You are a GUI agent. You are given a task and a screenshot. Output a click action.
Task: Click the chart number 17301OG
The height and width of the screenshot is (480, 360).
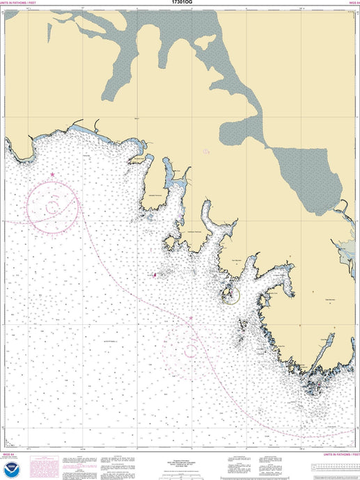click(x=180, y=3)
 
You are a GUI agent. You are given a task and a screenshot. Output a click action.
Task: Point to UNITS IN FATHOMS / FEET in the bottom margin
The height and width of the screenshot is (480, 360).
click(x=337, y=454)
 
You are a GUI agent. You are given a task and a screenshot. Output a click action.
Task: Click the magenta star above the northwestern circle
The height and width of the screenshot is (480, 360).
click(x=52, y=174)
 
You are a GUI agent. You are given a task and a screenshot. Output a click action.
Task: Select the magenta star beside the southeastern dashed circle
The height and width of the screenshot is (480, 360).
click(x=191, y=319)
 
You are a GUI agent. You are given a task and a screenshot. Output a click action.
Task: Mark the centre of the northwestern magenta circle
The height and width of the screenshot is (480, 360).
click(x=52, y=206)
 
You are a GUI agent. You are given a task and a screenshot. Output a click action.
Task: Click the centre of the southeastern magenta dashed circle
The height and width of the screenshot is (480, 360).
click(x=189, y=351)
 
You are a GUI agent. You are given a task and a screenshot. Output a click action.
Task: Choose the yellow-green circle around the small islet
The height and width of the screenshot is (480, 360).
click(x=230, y=295)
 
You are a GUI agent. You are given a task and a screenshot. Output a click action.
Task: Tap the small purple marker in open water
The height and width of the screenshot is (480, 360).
click(x=155, y=275)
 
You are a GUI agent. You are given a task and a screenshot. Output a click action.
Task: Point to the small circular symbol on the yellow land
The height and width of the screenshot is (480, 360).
click(x=205, y=151)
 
